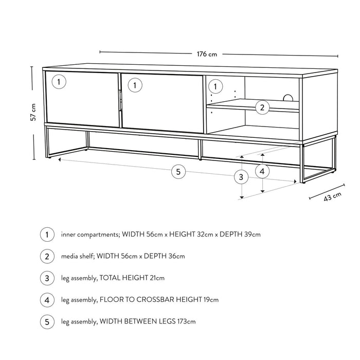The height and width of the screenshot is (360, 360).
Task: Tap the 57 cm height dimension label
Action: [33, 112]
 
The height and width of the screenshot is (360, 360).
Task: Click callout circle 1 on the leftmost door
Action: [59, 82]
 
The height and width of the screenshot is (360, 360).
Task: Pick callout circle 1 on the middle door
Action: [134, 85]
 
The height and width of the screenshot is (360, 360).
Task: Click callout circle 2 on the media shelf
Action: [262, 107]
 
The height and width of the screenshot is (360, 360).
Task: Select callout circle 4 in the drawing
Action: [262, 171]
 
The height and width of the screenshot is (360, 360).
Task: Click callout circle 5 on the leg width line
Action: [178, 172]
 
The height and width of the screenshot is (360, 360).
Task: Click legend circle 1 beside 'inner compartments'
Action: [47, 235]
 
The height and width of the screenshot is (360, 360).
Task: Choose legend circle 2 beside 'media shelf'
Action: [47, 256]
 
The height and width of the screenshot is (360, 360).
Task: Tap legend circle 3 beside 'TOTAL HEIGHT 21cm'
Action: [47, 278]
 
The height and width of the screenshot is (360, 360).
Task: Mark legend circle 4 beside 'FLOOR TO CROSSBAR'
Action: [47, 299]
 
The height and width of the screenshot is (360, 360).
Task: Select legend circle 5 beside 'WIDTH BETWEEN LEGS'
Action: [47, 321]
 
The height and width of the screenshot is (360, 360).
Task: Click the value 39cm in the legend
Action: [250, 235]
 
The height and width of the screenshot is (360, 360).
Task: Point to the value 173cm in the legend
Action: [186, 321]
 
